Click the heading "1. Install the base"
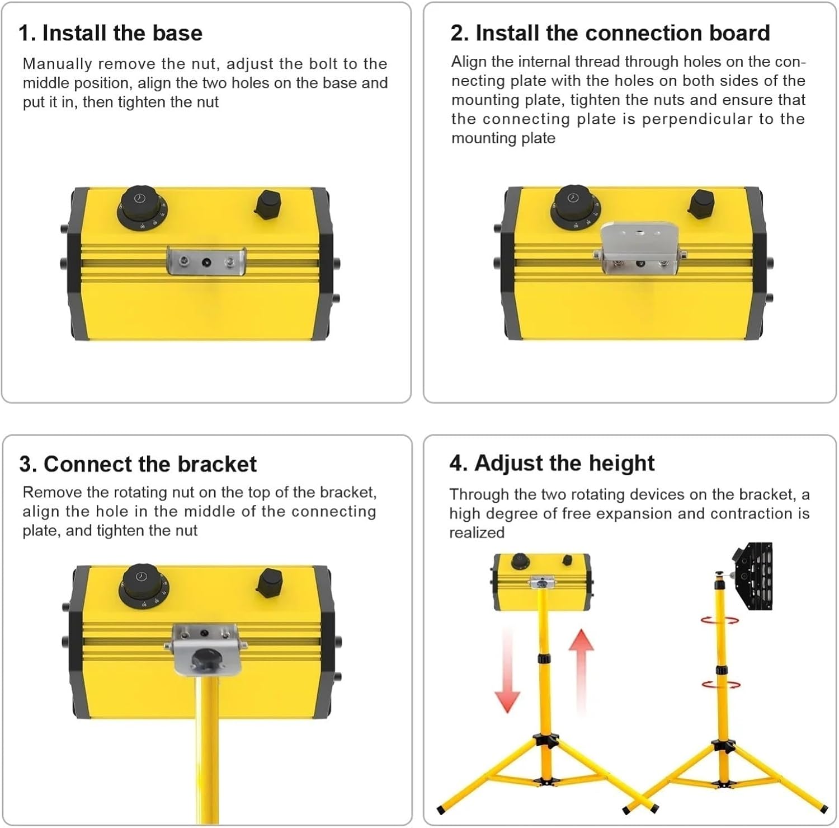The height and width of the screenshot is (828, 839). [110, 33]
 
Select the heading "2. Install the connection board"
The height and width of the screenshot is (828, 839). [610, 33]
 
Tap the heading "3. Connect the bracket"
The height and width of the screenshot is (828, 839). [138, 464]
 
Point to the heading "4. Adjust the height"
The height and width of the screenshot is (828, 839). [552, 463]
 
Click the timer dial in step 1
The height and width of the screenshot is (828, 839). [143, 205]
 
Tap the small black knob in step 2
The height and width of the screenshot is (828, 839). [701, 203]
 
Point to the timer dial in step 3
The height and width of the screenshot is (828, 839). [143, 585]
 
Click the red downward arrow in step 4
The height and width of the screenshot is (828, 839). [507, 672]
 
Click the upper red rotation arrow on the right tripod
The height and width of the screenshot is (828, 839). [720, 620]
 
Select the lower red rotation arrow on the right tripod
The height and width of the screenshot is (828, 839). [721, 684]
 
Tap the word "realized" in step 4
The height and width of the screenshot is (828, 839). [477, 532]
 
